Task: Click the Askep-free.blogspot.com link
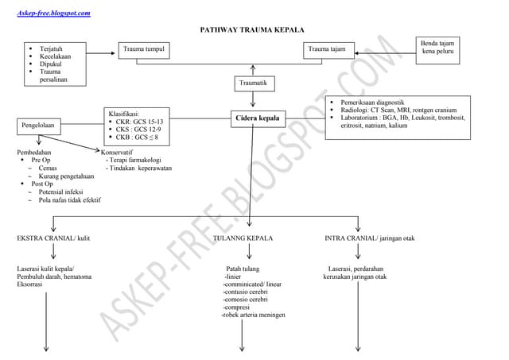pos(53,13)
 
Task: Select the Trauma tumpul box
pos(144,50)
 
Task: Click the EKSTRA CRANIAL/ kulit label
pos(53,238)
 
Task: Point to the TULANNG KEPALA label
pos(243,238)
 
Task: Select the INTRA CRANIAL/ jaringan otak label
pos(370,238)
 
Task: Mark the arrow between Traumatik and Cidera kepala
pos(253,100)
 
